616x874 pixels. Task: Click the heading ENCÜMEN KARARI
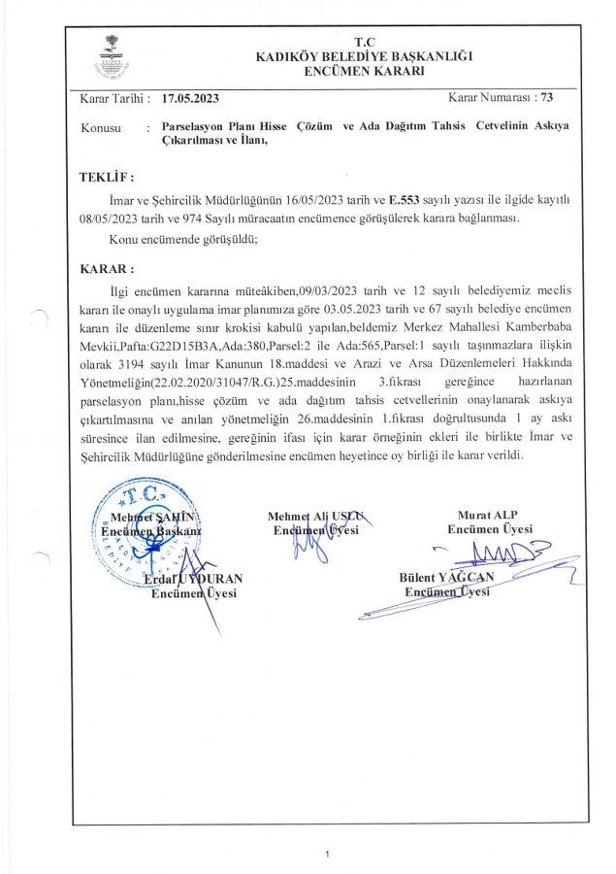pos(363,73)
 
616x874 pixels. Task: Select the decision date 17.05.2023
pos(192,99)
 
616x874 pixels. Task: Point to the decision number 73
pos(547,98)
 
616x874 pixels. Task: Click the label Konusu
pos(100,128)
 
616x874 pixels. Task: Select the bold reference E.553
pos(405,199)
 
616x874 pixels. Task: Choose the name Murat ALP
pos(487,516)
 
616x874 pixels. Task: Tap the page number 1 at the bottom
pos(329,854)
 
